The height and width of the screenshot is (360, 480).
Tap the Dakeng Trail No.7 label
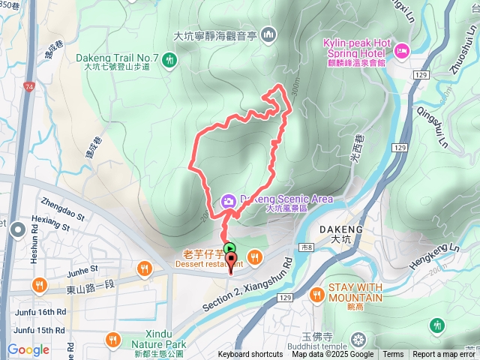116,58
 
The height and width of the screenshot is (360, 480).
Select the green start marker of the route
229,248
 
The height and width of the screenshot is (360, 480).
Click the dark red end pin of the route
232,261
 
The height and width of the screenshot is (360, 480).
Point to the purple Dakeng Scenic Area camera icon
228,200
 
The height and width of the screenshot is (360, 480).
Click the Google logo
28,349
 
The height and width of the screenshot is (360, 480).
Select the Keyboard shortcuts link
250,355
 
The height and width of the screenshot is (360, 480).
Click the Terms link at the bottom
393,355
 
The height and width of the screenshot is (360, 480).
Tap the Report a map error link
445,355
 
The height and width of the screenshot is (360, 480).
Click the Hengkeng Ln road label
433,256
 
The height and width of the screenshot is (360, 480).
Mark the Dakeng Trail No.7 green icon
170,58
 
